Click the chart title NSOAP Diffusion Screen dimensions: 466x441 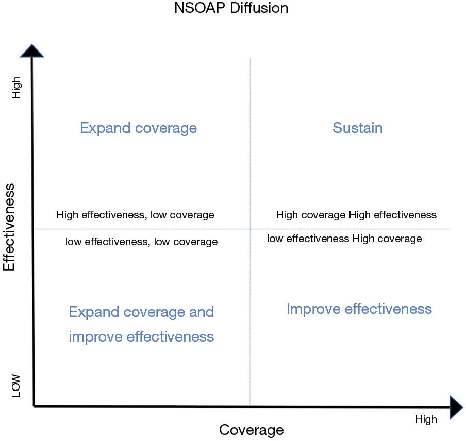tap(231, 8)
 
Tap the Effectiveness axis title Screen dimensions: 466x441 tap(9, 227)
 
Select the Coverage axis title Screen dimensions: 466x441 tap(252, 430)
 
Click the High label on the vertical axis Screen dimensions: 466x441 tap(16, 88)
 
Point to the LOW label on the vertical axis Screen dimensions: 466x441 tap(16, 385)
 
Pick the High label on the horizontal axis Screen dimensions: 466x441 tap(426, 419)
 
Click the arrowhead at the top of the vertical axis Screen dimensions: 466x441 tap(32, 51)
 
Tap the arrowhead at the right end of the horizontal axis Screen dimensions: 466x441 tap(456, 407)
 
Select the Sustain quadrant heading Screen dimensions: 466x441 tap(358, 128)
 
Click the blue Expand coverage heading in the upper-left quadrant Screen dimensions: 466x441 tap(139, 128)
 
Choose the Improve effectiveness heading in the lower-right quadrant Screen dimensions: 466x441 tap(359, 309)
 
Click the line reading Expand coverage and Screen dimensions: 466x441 tap(141, 312)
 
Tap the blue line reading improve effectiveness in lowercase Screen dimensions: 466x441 tap(141, 337)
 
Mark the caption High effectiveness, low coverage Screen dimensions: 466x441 tap(135, 215)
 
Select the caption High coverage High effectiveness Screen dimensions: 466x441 tap(356, 215)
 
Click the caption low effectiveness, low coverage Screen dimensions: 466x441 tap(141, 242)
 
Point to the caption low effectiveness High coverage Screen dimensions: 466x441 tap(344, 239)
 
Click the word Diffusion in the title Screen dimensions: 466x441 tap(259, 8)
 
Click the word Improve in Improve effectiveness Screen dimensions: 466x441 tap(313, 309)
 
